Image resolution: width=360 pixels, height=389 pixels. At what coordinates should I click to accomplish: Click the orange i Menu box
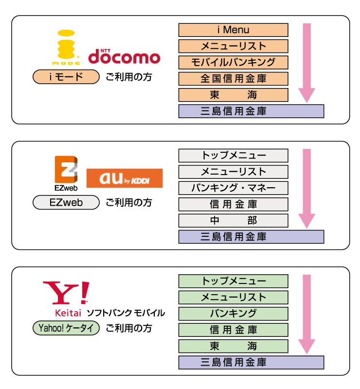(233, 30)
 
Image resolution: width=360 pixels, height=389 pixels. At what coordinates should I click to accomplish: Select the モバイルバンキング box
(233, 62)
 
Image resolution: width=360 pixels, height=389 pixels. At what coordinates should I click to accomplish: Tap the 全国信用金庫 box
(233, 78)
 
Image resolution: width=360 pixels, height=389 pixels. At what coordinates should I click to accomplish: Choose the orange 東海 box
(233, 95)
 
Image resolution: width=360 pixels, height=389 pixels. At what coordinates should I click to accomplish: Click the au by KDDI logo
(125, 178)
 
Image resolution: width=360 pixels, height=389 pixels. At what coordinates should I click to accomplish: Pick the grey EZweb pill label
(66, 202)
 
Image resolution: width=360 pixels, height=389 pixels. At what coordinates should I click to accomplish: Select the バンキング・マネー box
(233, 188)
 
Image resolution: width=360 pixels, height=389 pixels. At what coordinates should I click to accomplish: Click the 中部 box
(233, 220)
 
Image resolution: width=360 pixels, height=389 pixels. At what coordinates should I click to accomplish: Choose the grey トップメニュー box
(233, 156)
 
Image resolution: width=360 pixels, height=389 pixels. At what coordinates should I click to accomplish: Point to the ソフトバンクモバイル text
(126, 313)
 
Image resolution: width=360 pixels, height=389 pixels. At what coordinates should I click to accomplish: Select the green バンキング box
(233, 313)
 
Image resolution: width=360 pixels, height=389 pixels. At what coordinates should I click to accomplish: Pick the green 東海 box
(233, 346)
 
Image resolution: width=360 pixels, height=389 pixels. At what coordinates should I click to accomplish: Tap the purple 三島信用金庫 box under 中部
(251, 237)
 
